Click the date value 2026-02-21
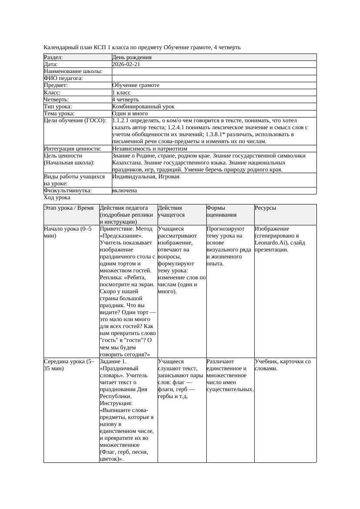pos(126,64)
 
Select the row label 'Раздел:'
pos(54,57)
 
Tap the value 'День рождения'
pos(132,57)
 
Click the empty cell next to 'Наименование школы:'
pos(213,71)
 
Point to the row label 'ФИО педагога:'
pos(64,78)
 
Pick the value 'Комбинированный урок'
pos(143,106)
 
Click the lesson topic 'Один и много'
pos(130,113)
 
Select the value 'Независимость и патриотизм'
pos(150,148)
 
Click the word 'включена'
pos(124,191)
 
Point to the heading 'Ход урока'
pos(57,198)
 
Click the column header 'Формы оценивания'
pos(222,211)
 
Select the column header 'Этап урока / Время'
pos(69,208)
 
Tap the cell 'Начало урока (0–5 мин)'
pos(68,232)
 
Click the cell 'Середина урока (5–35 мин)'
pos(69,365)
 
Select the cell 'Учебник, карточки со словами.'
pos(283,365)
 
